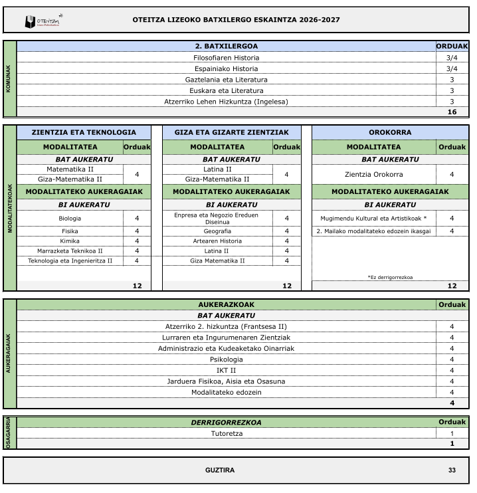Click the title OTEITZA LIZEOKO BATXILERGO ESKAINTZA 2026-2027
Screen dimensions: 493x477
pos(237,19)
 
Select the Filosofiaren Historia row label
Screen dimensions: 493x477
pos(226,57)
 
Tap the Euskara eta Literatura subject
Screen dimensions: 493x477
pos(226,90)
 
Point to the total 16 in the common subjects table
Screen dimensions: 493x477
pos(452,112)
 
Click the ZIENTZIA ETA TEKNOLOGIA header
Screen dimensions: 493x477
pos(84,132)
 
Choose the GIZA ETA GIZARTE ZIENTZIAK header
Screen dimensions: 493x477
pos(231,132)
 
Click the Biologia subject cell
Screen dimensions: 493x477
pos(70,218)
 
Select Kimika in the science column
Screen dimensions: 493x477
pos(70,241)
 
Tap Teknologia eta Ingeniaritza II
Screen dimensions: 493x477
pos(70,260)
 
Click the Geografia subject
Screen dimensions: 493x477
pos(217,231)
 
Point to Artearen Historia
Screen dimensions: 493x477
pos(217,241)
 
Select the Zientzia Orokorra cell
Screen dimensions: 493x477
pos(374,174)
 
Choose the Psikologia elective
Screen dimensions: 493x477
pos(226,359)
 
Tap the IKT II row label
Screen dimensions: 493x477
pos(226,370)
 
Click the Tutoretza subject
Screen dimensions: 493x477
pos(226,433)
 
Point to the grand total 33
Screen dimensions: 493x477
pos(452,470)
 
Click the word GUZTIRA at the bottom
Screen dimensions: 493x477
pos(220,470)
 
